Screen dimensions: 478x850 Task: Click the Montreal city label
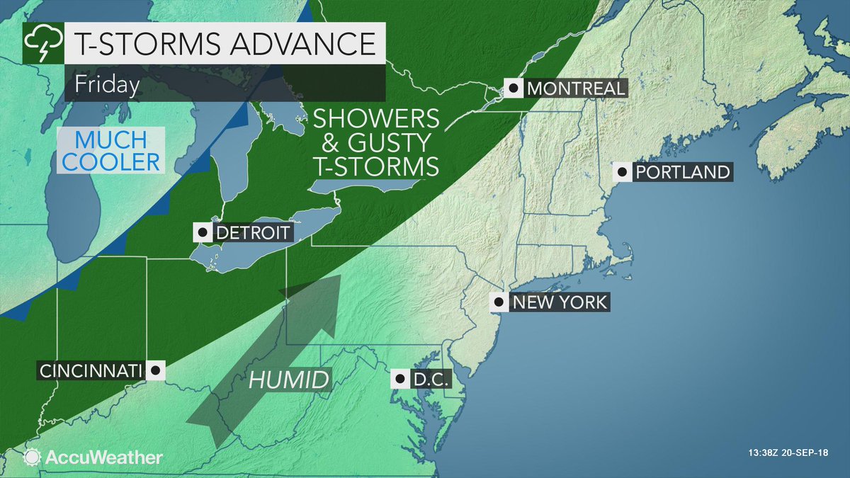tap(575, 89)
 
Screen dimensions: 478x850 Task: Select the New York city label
tap(559, 302)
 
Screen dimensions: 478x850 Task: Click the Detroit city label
tap(251, 232)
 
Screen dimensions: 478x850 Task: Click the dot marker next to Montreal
tap(512, 89)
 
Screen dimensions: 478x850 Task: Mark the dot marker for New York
tap(499, 302)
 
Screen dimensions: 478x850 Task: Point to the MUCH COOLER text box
tap(110, 149)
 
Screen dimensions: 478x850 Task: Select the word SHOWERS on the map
tap(377, 120)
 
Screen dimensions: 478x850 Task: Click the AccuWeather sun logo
tap(31, 457)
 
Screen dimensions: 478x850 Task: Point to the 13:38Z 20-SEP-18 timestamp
tap(791, 453)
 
